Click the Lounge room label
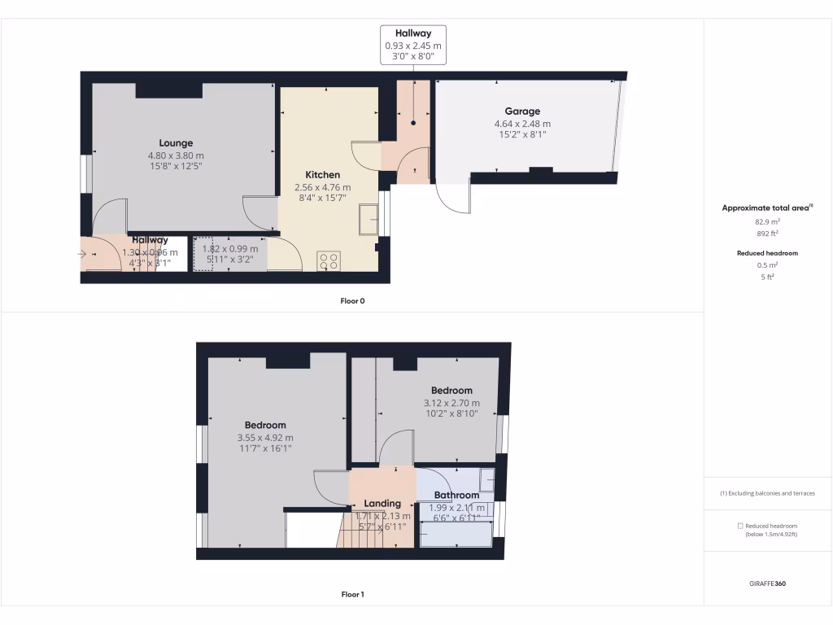pyautogui.click(x=176, y=143)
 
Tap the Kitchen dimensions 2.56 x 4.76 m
pyautogui.click(x=323, y=187)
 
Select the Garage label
pyautogui.click(x=522, y=111)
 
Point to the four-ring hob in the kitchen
pyautogui.click(x=329, y=261)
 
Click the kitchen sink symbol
pyautogui.click(x=368, y=218)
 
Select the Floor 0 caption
pyautogui.click(x=352, y=301)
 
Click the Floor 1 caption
pyautogui.click(x=352, y=595)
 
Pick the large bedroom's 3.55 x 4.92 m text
pyautogui.click(x=265, y=437)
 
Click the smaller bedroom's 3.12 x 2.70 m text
pyautogui.click(x=451, y=403)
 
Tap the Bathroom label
pyautogui.click(x=456, y=495)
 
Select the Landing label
pyautogui.click(x=382, y=503)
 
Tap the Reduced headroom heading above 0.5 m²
pyautogui.click(x=768, y=253)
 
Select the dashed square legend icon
pyautogui.click(x=739, y=526)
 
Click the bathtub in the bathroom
pyautogui.click(x=456, y=534)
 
